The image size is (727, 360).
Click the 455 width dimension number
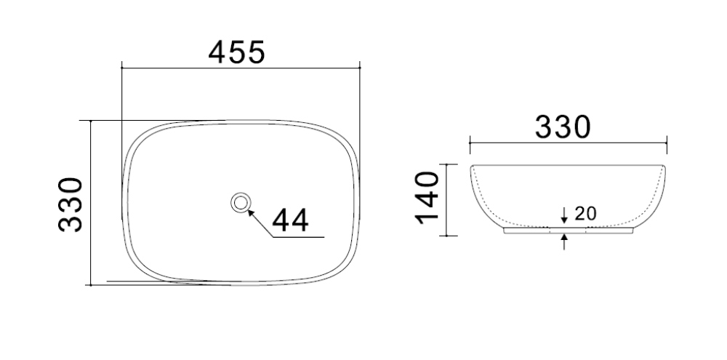click(236, 52)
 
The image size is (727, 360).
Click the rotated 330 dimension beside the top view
click(71, 204)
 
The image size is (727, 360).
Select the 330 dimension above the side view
click(563, 127)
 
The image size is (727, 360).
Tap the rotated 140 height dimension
click(427, 198)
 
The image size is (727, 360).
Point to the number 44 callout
click(290, 220)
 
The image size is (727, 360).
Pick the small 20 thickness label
click(585, 213)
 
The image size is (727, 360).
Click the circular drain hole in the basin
click(241, 203)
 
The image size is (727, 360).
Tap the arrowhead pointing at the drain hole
click(251, 213)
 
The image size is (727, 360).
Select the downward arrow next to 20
click(564, 215)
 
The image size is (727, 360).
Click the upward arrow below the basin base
click(564, 242)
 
